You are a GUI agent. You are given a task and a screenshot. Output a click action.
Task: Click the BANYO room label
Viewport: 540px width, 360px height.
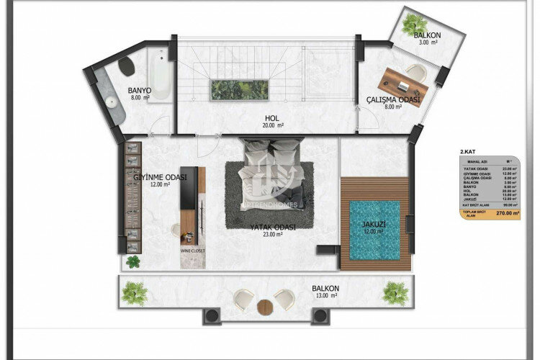(x=138, y=91)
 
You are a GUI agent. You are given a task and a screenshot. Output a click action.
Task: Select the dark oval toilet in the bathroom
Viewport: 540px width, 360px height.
(x=127, y=67)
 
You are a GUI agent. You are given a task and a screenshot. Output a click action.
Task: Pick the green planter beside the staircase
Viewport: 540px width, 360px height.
(x=240, y=89)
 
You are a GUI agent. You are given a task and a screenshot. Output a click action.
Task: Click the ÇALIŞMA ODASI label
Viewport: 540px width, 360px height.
(x=392, y=100)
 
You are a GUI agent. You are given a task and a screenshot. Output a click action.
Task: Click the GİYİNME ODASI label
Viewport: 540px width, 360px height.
(x=159, y=177)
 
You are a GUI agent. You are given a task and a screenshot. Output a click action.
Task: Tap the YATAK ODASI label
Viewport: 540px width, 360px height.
(x=269, y=228)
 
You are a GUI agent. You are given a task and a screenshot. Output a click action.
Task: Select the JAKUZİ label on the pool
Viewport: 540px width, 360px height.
(x=374, y=225)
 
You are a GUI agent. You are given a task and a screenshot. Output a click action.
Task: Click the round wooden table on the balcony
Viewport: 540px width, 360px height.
(x=264, y=305)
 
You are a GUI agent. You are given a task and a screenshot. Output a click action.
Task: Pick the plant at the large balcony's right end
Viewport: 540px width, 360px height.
(x=395, y=293)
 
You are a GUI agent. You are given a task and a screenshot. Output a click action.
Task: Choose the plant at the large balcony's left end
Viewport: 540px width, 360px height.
(x=134, y=293)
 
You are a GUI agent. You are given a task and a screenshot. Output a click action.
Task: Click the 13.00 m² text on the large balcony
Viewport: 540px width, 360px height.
(x=325, y=295)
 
